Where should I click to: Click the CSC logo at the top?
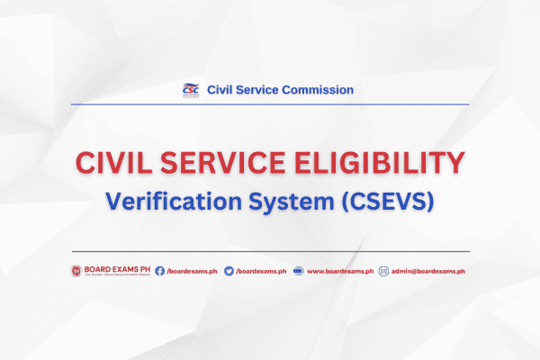[x=190, y=89]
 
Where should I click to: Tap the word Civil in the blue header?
[x=220, y=90]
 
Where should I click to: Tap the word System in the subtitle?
[x=299, y=202]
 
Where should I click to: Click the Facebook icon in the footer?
[x=159, y=271]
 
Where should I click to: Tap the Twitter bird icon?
[x=228, y=271]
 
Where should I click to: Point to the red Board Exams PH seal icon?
[x=76, y=271]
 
